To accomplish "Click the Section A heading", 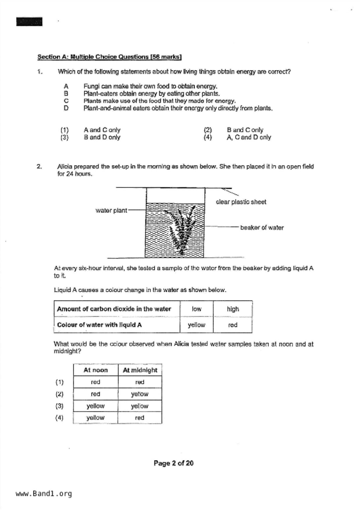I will point(109,57).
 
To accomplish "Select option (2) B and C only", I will point(245,130).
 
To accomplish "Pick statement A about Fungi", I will point(150,86).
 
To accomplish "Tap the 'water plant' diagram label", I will point(111,211).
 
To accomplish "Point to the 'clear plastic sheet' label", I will point(241,202).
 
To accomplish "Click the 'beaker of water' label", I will point(262,228).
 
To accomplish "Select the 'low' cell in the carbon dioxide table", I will point(196,309).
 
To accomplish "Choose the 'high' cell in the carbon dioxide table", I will point(233,309).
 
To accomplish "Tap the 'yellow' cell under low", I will point(196,325).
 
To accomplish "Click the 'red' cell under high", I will point(233,325).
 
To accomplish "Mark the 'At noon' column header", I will point(96,370).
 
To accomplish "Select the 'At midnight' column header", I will point(140,370).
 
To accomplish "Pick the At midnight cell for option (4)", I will point(139,418).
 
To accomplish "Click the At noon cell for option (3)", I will point(96,406).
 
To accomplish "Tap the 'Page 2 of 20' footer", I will point(173,463).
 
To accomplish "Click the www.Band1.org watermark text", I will point(44,494).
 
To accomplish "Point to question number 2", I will point(40,167).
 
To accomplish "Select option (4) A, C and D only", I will point(248,137).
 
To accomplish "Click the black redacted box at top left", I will point(29,22).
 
